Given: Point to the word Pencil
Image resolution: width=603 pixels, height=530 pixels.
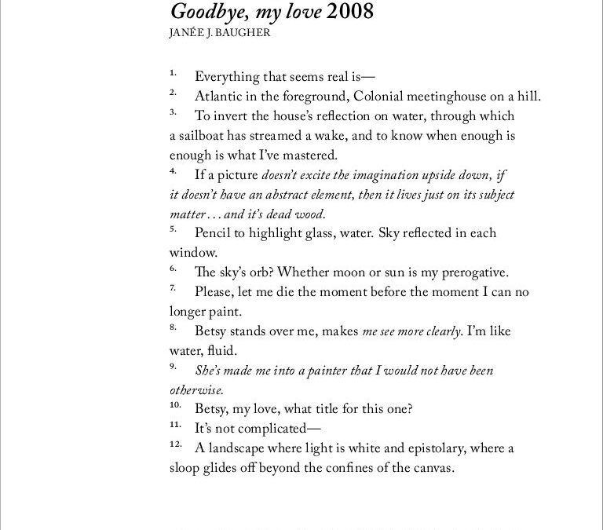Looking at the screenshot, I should pyautogui.click(x=214, y=233).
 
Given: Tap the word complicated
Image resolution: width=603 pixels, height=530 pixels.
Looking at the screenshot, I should pyautogui.click(x=276, y=429).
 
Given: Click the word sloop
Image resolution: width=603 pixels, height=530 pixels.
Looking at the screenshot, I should pyautogui.click(x=186, y=468).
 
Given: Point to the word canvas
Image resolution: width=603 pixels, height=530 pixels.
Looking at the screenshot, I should pyautogui.click(x=433, y=468).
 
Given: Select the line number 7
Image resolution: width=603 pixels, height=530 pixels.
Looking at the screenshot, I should pyautogui.click(x=173, y=289).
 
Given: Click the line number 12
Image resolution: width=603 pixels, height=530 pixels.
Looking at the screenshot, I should pyautogui.click(x=176, y=445).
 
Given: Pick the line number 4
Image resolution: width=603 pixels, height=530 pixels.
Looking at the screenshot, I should pyautogui.click(x=173, y=171).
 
